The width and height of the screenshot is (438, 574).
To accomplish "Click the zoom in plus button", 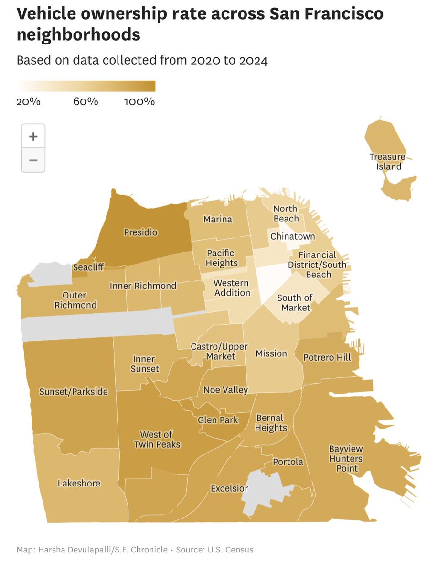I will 33,136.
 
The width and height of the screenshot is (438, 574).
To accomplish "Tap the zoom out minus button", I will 33,160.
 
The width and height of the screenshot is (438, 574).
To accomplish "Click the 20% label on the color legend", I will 28,102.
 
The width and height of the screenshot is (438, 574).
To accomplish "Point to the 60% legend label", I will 86,102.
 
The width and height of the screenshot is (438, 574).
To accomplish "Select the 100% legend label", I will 139,102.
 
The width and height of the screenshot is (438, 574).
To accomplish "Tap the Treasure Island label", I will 387,162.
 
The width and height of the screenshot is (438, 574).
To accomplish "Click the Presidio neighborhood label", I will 140,232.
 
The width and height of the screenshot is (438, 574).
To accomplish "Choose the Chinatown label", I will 293,236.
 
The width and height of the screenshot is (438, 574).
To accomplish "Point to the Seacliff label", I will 88,268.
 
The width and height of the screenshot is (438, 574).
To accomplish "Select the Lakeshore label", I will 79,483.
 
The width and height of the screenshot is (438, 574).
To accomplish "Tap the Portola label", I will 288,462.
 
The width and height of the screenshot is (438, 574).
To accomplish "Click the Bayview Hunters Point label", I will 346,458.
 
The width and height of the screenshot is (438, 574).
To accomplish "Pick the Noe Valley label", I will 225,390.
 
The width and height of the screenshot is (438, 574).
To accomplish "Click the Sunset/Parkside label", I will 74,392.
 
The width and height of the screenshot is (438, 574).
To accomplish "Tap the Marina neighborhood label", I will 217,219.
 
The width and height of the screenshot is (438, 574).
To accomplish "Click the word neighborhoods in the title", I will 79,35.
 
